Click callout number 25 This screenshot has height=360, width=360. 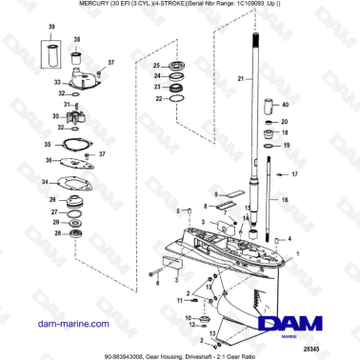pos(156,65)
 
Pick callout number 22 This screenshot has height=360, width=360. pos(156,98)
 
